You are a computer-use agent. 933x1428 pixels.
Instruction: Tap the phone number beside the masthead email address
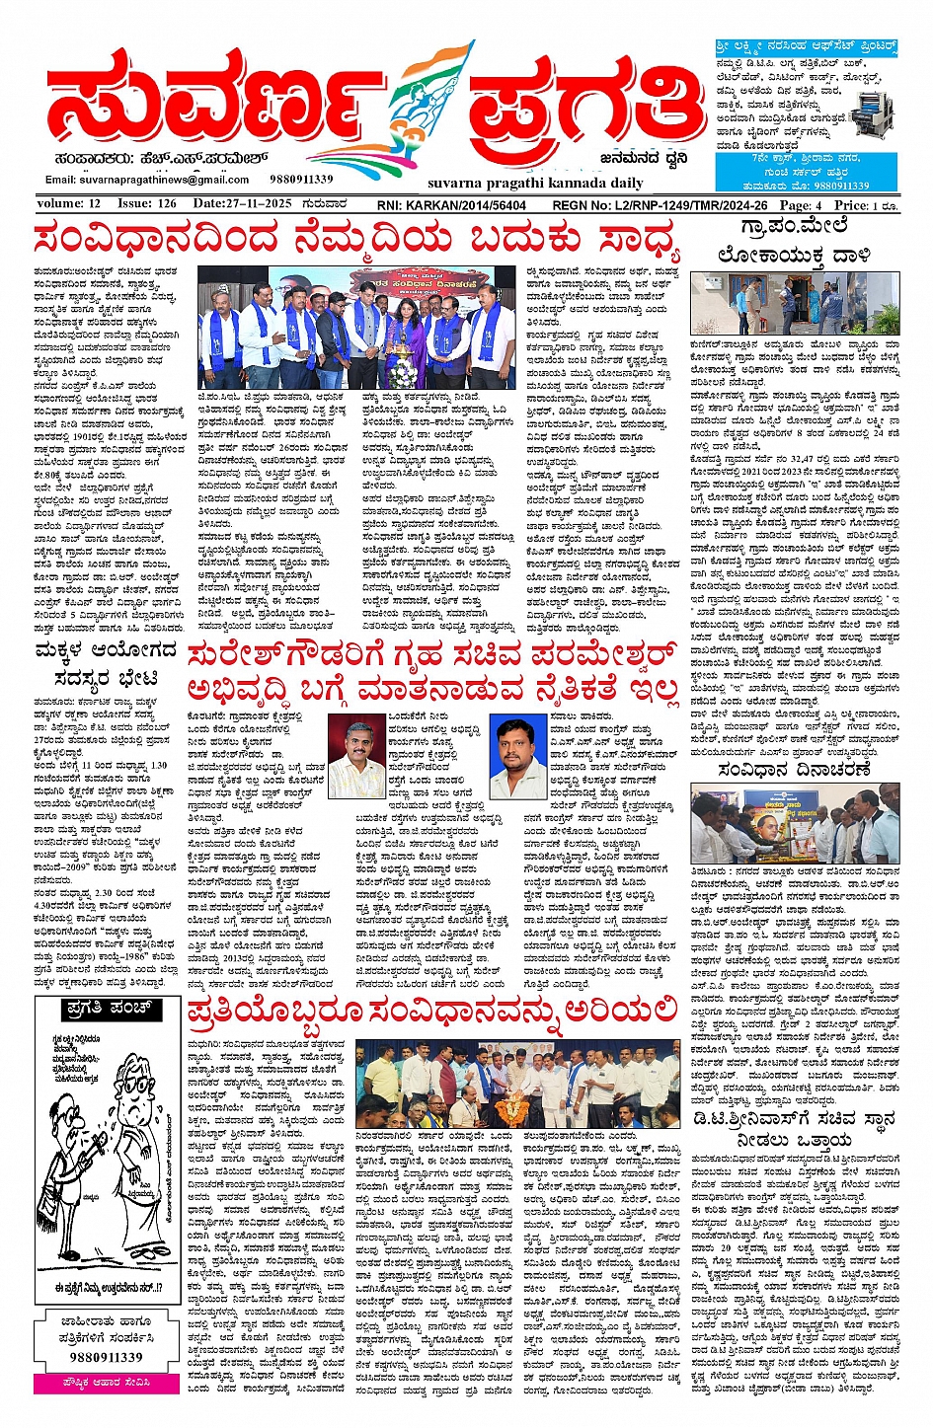(301, 180)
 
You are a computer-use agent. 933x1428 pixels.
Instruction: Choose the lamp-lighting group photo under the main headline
(357, 327)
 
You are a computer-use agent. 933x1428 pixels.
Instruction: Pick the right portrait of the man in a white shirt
(518, 758)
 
